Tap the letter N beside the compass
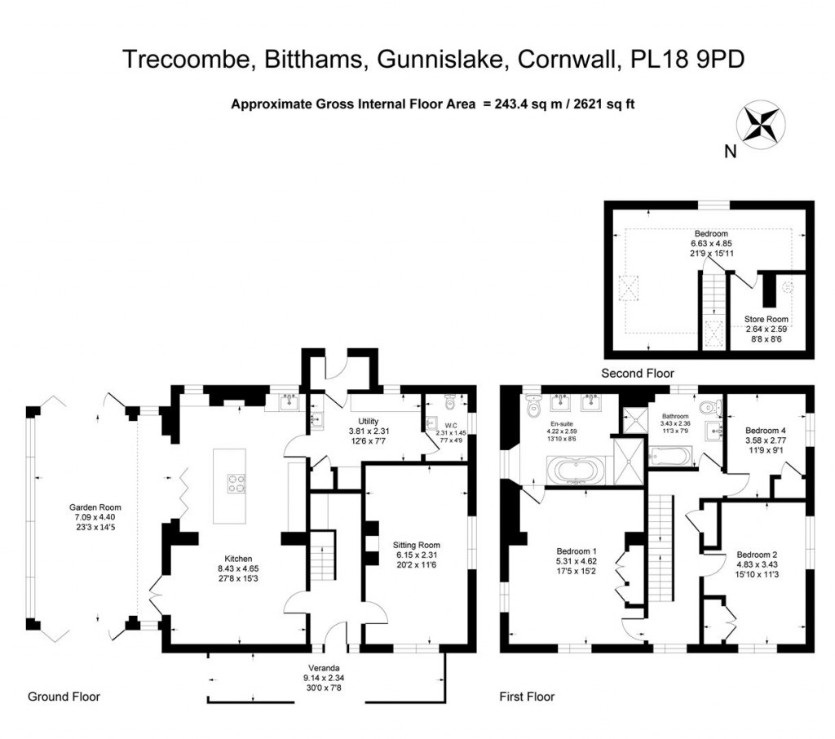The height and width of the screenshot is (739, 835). pyautogui.click(x=730, y=150)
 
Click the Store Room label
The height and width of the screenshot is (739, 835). pyautogui.click(x=766, y=319)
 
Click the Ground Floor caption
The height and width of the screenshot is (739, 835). pyautogui.click(x=64, y=697)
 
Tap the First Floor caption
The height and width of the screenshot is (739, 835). pyautogui.click(x=527, y=697)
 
